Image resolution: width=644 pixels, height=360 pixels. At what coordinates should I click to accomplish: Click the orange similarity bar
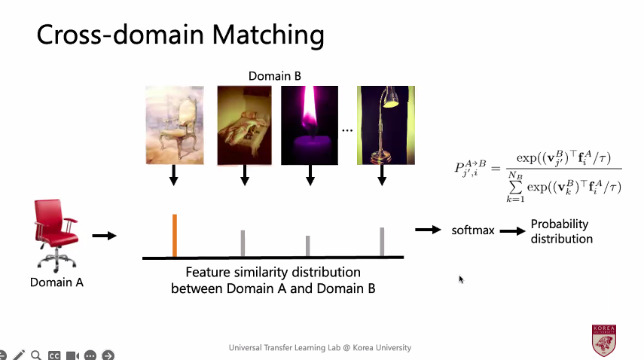pyautogui.click(x=175, y=235)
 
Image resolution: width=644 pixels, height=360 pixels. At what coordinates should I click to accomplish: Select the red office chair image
pyautogui.click(x=56, y=236)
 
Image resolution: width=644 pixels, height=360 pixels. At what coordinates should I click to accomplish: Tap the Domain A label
pyautogui.click(x=56, y=282)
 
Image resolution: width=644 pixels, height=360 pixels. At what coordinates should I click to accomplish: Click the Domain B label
pyautogui.click(x=275, y=76)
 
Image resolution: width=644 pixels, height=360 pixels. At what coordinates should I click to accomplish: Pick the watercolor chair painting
pyautogui.click(x=175, y=125)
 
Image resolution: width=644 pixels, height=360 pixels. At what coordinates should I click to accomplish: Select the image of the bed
pyautogui.click(x=244, y=125)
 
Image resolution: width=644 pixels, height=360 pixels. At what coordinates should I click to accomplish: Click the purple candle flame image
pyautogui.click(x=310, y=125)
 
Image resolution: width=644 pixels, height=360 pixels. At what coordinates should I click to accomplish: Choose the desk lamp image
pyautogui.click(x=386, y=125)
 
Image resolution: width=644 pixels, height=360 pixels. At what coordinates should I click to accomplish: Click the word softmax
pyautogui.click(x=473, y=230)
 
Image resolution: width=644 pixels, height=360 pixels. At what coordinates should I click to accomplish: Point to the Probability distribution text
pyautogui.click(x=561, y=231)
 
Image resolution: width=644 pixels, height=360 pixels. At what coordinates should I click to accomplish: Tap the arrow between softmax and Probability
pyautogui.click(x=513, y=231)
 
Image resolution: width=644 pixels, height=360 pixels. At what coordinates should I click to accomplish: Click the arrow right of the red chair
pyautogui.click(x=105, y=236)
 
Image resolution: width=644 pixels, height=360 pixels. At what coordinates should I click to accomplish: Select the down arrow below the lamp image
pyautogui.click(x=382, y=175)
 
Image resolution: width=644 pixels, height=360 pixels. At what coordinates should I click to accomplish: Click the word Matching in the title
pyautogui.click(x=268, y=35)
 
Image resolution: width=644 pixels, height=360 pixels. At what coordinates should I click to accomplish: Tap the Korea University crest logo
pyautogui.click(x=604, y=340)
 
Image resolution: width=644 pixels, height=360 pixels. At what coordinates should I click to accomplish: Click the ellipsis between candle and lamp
pyautogui.click(x=347, y=130)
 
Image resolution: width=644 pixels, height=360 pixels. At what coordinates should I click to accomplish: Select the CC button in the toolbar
pyautogui.click(x=54, y=355)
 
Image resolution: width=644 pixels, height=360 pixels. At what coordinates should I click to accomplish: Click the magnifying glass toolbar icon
pyautogui.click(x=36, y=355)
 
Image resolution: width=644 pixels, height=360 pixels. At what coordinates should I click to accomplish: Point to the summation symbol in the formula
pyautogui.click(x=515, y=187)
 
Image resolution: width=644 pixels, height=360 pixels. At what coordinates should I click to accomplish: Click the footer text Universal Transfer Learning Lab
pyautogui.click(x=285, y=348)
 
